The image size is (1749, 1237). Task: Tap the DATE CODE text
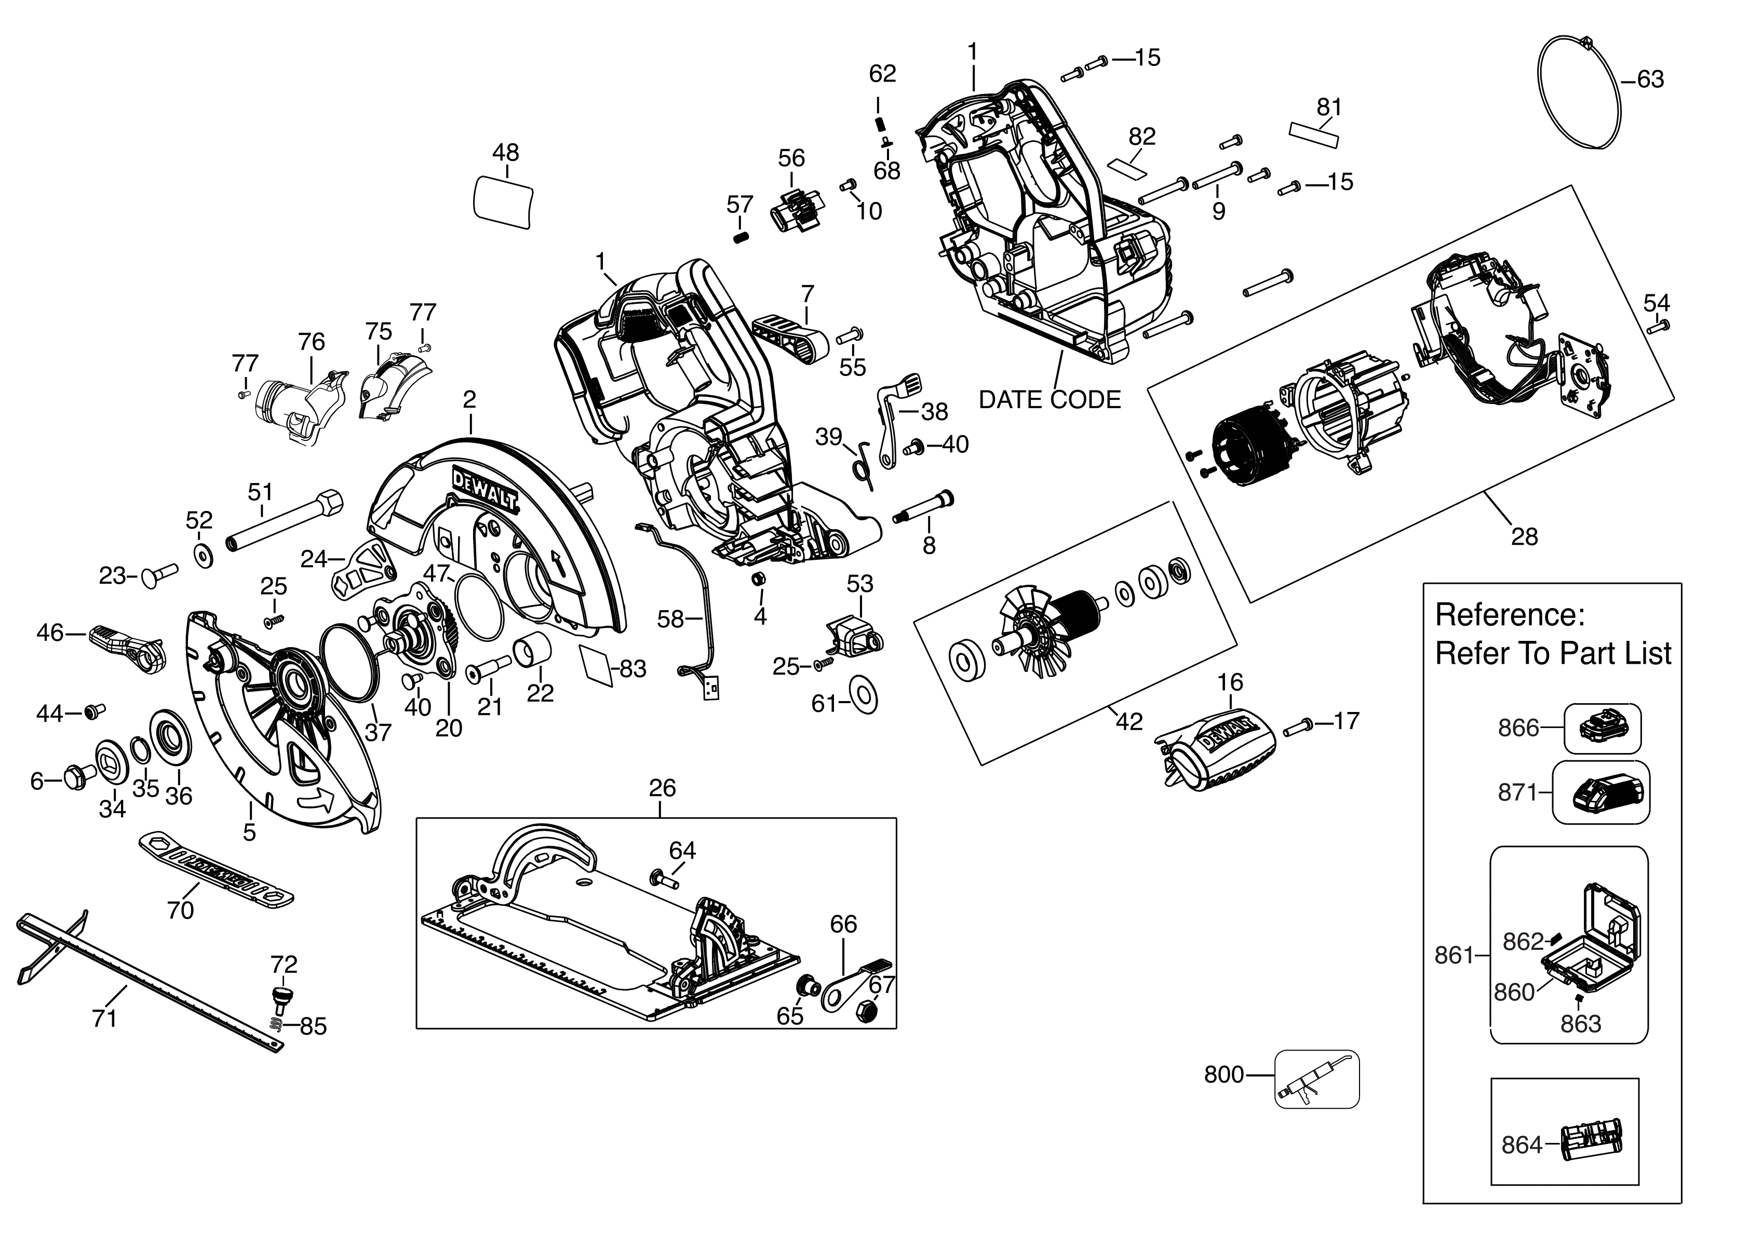(x=1049, y=400)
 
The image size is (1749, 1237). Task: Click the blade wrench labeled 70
(x=216, y=869)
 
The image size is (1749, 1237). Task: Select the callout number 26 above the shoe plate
(x=662, y=788)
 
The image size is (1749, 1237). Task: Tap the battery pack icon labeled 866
(x=1602, y=728)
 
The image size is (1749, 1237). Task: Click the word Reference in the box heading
(x=1509, y=615)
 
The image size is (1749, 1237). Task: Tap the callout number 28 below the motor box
(x=1524, y=537)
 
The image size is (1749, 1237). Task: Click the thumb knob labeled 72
(x=282, y=996)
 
